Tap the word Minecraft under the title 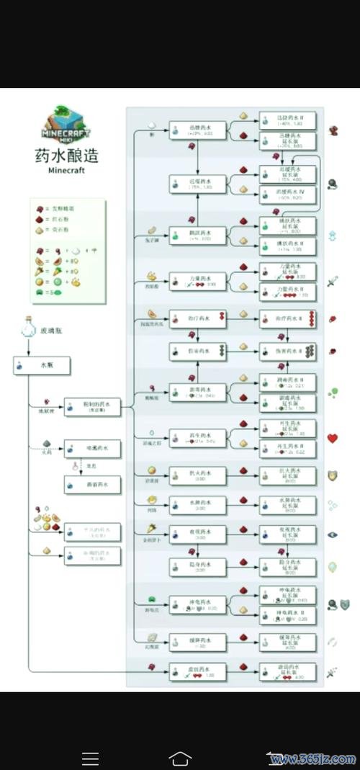pos(66,171)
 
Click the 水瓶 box pos(42,366)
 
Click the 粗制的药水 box pos(92,407)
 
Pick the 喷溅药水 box pos(92,449)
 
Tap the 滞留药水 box pos(92,486)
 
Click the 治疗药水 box pos(197,318)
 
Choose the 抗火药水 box pos(197,475)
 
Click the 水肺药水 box pos(197,504)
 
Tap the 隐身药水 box pos(197,566)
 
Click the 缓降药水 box pos(197,641)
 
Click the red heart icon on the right pos(333,438)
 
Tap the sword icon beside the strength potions pos(333,281)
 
